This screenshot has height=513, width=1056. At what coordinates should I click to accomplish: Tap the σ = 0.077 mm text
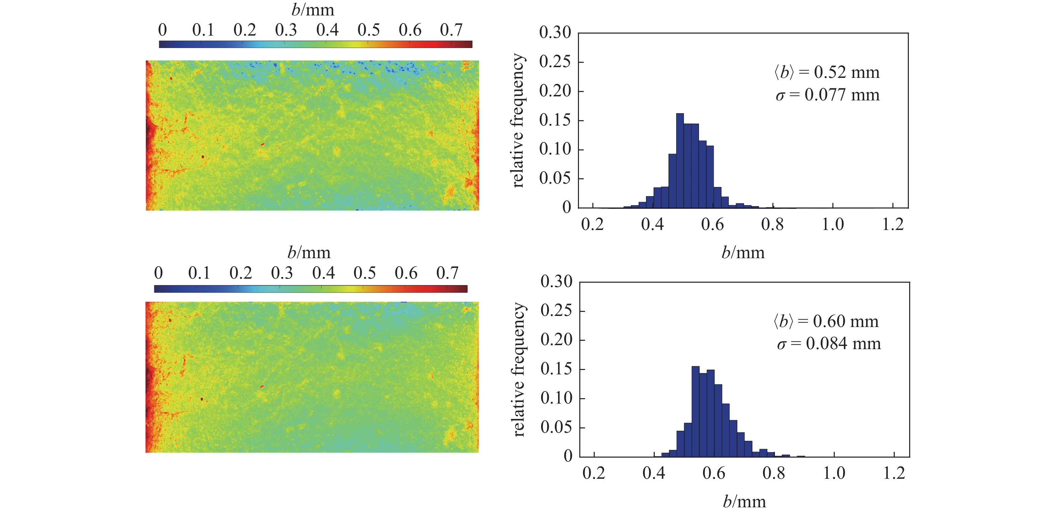coord(828,95)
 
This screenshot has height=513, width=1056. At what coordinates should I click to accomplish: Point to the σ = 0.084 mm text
coord(828,343)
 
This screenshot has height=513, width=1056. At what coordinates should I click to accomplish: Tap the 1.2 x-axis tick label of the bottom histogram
coord(894,473)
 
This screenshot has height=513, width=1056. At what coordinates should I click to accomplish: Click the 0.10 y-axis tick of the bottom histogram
coord(556,398)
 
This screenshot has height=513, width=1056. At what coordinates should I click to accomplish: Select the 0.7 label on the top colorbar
coord(451,30)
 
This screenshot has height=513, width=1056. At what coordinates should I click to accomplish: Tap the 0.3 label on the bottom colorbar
coord(282,273)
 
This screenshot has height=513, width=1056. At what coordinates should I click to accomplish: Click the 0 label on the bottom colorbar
coord(158,273)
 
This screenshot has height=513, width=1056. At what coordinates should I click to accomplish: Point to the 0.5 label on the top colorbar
coord(368,30)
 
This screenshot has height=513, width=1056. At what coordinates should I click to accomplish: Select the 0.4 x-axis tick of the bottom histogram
coord(653,473)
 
